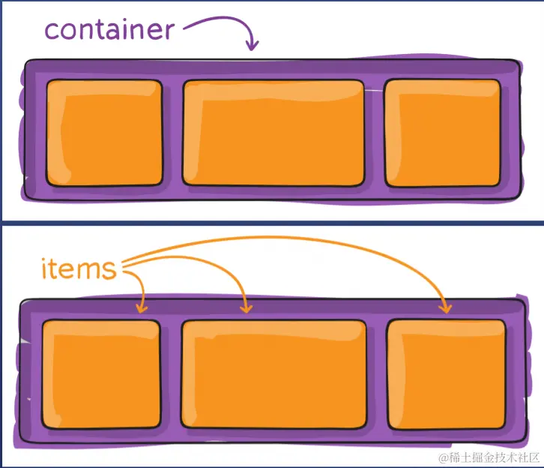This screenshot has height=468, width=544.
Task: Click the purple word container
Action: [109, 29]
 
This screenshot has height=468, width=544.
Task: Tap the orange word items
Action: [79, 268]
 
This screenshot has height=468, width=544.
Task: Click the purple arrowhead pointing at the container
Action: [252, 44]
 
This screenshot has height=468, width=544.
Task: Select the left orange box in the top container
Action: [104, 133]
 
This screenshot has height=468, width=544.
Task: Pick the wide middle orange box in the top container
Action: [273, 133]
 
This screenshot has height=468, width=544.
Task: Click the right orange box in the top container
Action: [443, 133]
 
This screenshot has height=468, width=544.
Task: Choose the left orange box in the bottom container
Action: [101, 374]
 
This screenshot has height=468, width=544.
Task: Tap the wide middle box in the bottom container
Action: [273, 374]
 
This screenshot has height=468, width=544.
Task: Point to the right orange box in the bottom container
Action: [446, 374]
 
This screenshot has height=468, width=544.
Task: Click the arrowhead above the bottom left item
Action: [142, 307]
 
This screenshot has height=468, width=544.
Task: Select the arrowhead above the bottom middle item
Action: [247, 307]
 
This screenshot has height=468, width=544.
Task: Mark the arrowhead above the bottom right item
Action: [445, 307]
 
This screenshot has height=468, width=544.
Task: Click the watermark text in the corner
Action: [489, 458]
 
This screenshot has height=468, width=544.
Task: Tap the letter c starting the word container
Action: [51, 31]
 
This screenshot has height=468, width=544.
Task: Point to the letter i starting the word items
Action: [44, 268]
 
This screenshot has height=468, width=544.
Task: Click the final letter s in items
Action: [109, 271]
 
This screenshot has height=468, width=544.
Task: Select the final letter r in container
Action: [169, 31]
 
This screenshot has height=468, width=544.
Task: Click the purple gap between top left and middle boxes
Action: [172, 133]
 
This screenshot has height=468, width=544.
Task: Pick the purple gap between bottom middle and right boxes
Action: [376, 374]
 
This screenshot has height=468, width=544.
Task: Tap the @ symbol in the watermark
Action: [444, 458]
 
